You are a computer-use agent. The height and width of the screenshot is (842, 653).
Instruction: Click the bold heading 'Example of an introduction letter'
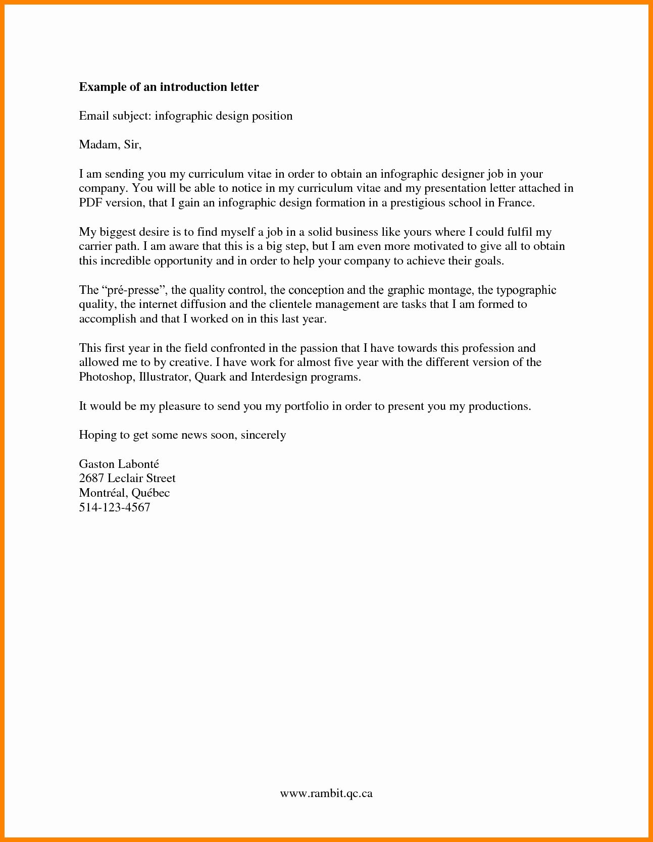[169, 87]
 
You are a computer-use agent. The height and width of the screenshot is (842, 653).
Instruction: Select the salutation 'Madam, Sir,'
[110, 145]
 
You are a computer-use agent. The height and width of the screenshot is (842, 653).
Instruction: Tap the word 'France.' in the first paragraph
[516, 203]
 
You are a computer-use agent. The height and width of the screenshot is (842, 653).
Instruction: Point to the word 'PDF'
[90, 203]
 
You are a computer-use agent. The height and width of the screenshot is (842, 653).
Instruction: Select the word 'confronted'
[235, 348]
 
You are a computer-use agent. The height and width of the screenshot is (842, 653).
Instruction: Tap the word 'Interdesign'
[278, 377]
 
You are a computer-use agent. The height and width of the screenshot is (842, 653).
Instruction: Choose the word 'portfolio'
[307, 406]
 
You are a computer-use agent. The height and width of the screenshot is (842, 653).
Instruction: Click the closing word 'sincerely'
[263, 435]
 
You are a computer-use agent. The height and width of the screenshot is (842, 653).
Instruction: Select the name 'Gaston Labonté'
[119, 464]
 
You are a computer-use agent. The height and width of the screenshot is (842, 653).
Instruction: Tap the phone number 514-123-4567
[115, 507]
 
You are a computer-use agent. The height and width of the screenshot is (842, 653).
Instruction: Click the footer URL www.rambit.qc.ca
[326, 793]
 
